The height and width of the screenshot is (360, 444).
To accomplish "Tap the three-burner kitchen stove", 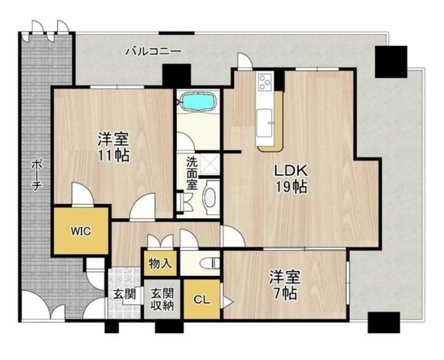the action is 265,80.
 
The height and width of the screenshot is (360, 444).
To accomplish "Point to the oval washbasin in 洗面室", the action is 210,197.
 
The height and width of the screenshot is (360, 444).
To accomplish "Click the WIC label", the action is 81,231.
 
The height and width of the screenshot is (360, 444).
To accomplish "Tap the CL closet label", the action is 202,300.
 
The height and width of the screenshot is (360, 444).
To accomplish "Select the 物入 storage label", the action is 160,263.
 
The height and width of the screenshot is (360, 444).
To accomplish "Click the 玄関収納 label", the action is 162,300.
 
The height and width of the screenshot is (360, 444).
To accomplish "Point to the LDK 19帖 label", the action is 291,179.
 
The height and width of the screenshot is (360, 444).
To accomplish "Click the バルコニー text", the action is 153,52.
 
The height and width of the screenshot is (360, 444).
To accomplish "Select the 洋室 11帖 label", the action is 114,146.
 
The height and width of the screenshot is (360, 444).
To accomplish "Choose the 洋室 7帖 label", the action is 284,285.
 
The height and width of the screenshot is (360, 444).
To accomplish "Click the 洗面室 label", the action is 191,173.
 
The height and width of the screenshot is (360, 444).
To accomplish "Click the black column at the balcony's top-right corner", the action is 391,62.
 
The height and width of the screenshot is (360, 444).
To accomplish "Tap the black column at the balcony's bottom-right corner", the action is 384,322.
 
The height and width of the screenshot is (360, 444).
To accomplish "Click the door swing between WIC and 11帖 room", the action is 82,194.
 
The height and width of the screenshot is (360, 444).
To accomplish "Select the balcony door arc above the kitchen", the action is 245,60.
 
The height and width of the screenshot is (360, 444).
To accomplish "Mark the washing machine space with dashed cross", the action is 210,164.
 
